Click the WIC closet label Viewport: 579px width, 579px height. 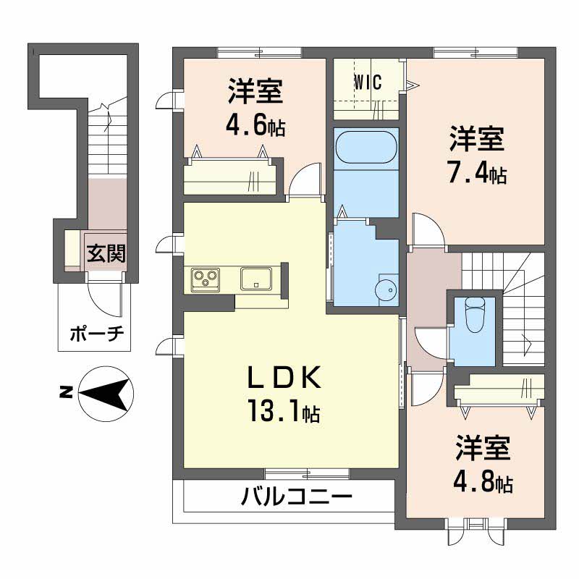click(x=368, y=83)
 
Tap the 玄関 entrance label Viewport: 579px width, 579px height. click(x=106, y=254)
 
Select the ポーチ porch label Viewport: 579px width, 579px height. click(x=97, y=334)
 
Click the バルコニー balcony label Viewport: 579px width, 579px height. click(x=296, y=496)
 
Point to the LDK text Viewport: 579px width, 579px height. click(x=284, y=378)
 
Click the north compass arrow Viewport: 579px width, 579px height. click(x=106, y=393)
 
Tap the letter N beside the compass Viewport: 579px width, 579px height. click(x=66, y=392)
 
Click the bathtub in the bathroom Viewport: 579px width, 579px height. click(x=366, y=147)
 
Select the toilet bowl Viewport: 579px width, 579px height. click(x=476, y=314)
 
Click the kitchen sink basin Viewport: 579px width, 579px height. click(x=256, y=279)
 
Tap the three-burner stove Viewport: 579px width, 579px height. click(x=206, y=279)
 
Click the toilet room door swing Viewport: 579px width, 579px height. click(x=431, y=343)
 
